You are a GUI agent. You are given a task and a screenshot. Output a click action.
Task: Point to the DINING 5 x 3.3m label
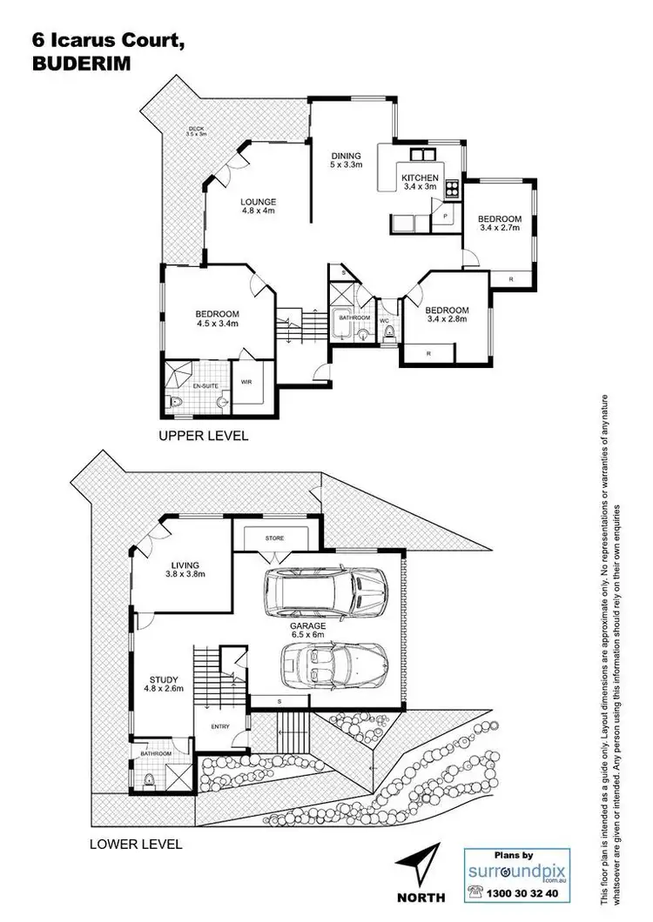(x=346, y=160)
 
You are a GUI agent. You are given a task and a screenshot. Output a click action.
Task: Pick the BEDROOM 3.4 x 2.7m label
(x=499, y=224)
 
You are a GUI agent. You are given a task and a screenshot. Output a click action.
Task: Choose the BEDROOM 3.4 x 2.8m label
(x=447, y=315)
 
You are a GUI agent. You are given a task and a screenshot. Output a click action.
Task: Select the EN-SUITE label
(x=204, y=384)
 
